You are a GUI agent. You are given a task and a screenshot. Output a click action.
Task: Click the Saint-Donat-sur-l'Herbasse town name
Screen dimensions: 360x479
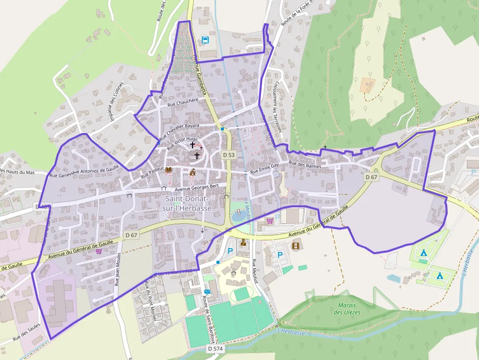point(187,204)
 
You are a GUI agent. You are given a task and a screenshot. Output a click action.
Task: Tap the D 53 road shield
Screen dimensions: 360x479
point(229,155)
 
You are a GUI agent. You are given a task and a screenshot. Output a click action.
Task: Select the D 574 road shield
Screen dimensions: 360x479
point(215,349)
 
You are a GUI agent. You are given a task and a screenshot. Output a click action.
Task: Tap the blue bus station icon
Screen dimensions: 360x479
point(205,40)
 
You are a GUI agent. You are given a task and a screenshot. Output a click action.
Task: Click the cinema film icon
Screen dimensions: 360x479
point(295,246)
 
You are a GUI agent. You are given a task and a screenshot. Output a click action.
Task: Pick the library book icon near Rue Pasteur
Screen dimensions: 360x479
point(169,170)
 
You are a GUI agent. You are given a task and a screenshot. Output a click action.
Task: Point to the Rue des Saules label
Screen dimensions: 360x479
point(27,334)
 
